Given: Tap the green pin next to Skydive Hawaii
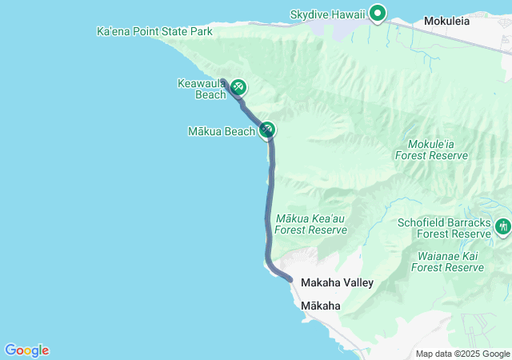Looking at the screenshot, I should [378, 13].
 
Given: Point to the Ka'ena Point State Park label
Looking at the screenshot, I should [154, 32].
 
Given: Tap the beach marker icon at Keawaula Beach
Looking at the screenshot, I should [238, 88].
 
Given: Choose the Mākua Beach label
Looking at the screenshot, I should [222, 130].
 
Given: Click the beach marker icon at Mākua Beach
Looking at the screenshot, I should [267, 130].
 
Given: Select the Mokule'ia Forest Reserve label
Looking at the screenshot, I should [432, 150].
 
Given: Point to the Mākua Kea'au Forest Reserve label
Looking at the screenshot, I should [311, 224].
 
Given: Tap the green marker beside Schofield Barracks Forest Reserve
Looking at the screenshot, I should [503, 227].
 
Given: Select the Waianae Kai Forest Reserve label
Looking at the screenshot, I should [448, 262].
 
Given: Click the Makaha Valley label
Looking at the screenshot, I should [337, 283].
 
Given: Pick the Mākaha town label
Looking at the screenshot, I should [321, 306].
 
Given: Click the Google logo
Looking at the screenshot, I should [26, 350].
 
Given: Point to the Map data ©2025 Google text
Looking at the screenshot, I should [462, 354].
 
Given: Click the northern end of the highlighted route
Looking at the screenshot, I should [223, 81].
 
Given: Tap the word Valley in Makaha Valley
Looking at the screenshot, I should [357, 283].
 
